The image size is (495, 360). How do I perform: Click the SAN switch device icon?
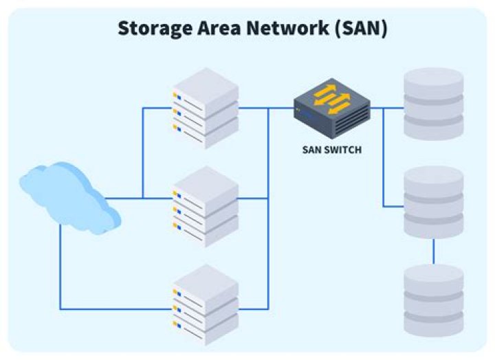tap(332, 106)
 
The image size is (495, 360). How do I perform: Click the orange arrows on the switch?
tap(332, 100)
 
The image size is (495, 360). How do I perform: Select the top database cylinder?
tap(433, 103)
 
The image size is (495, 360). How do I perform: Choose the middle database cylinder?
tap(433, 202)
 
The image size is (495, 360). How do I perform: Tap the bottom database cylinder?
tap(433, 300)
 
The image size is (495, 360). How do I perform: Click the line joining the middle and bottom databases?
tap(433, 251)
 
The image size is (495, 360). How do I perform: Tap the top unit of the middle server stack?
tap(205, 186)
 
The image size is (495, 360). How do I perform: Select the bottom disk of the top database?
tap(433, 126)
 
